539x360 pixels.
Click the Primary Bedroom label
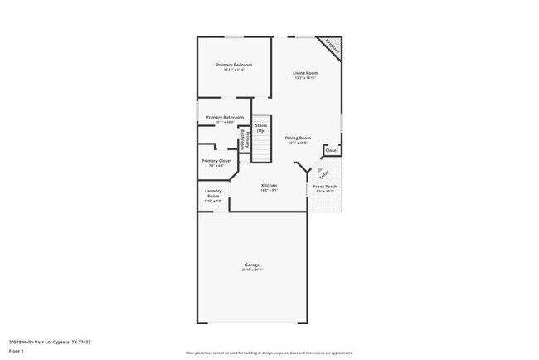coord(234,65)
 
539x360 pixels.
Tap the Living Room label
coord(305,73)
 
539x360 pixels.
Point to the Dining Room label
coord(298,138)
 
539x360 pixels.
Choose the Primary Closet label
coord(216,160)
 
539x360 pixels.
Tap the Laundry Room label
coord(213,193)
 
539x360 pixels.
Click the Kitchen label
coord(269,185)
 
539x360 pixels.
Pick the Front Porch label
coord(324,187)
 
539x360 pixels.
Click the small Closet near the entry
coord(331,151)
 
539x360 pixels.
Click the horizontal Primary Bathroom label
coord(225,117)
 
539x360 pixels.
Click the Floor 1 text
coord(17,351)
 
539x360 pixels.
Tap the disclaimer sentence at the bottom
coord(269,352)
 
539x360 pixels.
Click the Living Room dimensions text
coord(305,78)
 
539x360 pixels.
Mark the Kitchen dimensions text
coord(269,190)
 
